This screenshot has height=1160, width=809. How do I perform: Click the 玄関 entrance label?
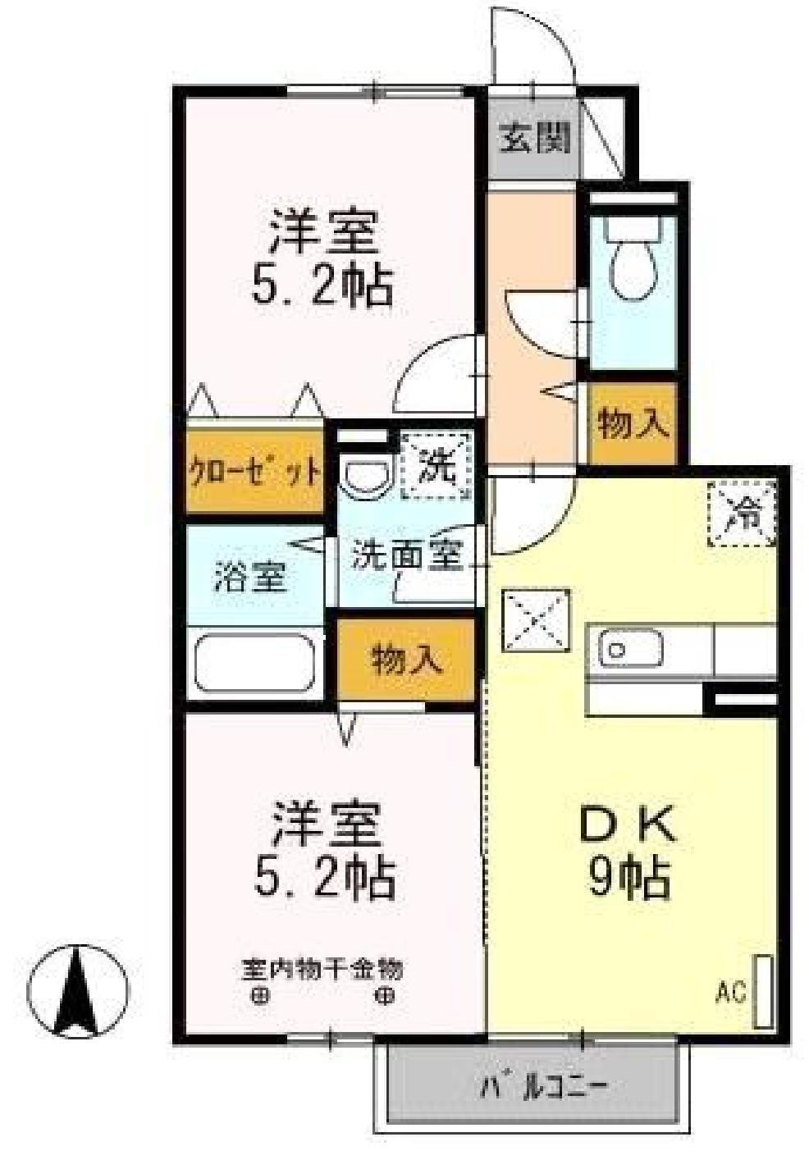[534, 139]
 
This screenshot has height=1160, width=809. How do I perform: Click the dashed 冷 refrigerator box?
[741, 513]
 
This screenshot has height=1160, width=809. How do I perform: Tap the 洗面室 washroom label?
[407, 555]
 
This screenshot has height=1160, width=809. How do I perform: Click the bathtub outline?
[254, 662]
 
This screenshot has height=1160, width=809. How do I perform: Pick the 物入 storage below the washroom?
[408, 660]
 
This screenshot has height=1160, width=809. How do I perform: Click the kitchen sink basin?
[630, 650]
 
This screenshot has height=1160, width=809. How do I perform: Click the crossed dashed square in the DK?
[537, 620]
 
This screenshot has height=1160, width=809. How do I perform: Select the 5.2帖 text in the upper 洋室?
[322, 287]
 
